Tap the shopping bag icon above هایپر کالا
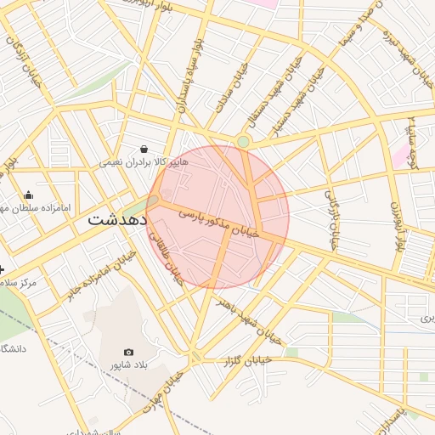coord(144,148)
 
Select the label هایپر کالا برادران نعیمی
coord(142,161)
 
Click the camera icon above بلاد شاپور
coord(129,352)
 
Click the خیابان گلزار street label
coord(246,360)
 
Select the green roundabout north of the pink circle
coord(244,142)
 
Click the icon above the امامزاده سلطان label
coord(28,195)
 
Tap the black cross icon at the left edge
coord(3,269)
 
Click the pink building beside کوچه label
coord(399,155)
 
